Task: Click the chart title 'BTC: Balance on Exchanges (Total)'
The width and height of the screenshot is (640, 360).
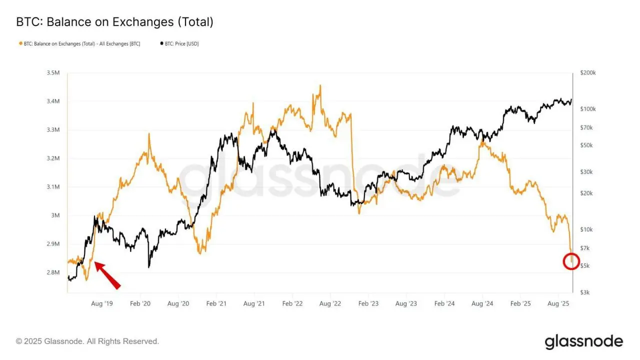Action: [115, 22]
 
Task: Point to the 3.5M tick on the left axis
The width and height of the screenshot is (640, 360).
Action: [52, 73]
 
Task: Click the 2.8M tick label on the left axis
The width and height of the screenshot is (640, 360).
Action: [52, 273]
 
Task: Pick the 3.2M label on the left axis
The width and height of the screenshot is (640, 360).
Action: [52, 158]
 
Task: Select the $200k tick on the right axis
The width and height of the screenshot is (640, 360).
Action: [587, 73]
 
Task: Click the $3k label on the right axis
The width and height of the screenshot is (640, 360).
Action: [584, 292]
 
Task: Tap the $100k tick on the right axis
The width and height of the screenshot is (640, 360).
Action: [587, 109]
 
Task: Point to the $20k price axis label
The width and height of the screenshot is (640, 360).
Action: [586, 193]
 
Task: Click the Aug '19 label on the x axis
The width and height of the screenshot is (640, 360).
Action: [102, 303]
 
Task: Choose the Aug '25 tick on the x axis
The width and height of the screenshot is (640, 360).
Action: [558, 303]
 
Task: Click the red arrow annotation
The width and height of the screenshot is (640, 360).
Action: [107, 275]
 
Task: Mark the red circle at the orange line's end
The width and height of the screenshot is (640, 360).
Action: [571, 261]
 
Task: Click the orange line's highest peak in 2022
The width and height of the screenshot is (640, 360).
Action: [320, 85]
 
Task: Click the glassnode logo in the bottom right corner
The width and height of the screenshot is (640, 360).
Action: [583, 341]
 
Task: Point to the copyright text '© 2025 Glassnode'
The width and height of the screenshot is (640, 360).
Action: [87, 341]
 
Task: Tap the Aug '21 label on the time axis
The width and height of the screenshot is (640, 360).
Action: [254, 303]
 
